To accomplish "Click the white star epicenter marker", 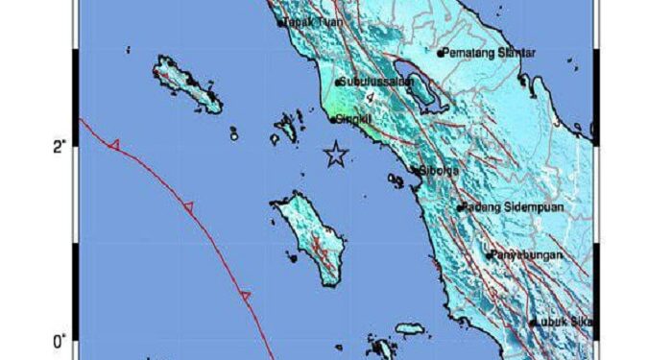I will click(x=335, y=154).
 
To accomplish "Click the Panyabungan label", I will click(x=527, y=255).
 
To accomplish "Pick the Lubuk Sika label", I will click(x=564, y=324).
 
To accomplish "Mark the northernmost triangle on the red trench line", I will click(x=114, y=145).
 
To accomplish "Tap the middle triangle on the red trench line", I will click(x=188, y=206).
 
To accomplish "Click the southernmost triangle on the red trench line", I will click(x=245, y=297).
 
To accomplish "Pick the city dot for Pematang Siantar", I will click(x=440, y=54).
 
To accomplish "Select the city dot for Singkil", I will click(x=331, y=120).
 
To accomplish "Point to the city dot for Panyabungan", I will click(x=489, y=255).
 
